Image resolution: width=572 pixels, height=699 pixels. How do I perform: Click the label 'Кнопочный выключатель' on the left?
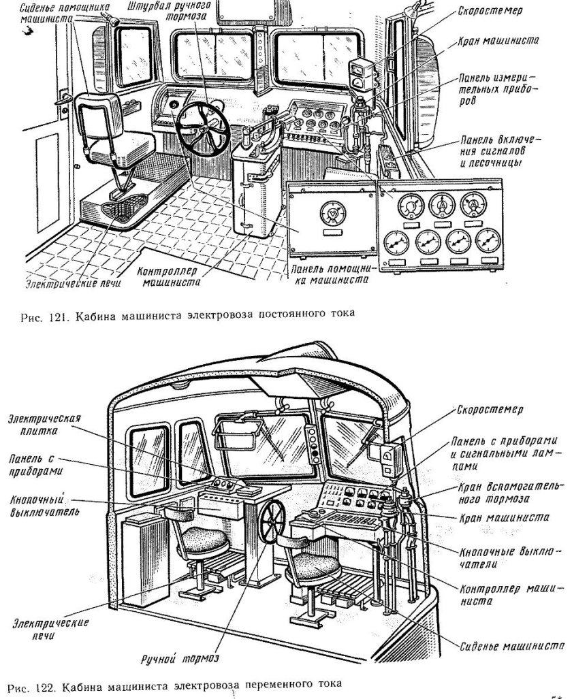pyautogui.click(x=42, y=505)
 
